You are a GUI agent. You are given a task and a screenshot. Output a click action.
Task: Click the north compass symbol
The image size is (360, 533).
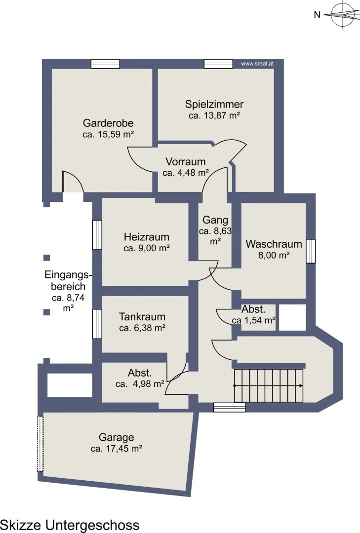point(342,14)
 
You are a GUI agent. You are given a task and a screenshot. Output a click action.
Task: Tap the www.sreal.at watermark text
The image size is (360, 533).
point(257,63)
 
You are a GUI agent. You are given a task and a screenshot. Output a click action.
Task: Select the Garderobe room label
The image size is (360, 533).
point(108,123)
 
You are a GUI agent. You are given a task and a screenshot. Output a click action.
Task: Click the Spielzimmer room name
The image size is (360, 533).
point(214,104)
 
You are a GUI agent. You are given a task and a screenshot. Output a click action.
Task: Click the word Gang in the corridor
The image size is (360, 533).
point(215,220)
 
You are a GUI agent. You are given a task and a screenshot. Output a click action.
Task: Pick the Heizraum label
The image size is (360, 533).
point(146,236)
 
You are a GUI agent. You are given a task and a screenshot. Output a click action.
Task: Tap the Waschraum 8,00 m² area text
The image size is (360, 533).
point(274,255)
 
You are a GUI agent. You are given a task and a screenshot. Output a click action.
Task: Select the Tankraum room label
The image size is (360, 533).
point(142,316)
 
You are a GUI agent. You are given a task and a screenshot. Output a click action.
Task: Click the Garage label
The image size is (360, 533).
point(117,437)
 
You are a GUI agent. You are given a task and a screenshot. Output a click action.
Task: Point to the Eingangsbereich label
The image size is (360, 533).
point(68,280)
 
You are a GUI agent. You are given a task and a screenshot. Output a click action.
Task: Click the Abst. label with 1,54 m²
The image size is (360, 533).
point(253,309)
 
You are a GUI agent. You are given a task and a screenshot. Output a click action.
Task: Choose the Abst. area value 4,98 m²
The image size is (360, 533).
point(140,384)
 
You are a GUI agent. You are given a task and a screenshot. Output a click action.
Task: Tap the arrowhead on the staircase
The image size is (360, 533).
point(301,385)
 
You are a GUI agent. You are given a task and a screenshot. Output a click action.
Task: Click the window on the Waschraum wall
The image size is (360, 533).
point(311,251)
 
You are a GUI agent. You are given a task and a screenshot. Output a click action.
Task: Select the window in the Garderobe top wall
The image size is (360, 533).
point(106,64)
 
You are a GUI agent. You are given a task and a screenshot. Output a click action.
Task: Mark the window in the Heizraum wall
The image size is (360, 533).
point(97,235)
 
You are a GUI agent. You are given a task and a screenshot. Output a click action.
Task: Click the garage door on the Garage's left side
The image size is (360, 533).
point(40,444)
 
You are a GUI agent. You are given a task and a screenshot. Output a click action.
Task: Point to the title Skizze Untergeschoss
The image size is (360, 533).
point(70,525)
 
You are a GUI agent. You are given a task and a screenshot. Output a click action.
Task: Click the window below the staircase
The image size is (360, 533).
point(229,407)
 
